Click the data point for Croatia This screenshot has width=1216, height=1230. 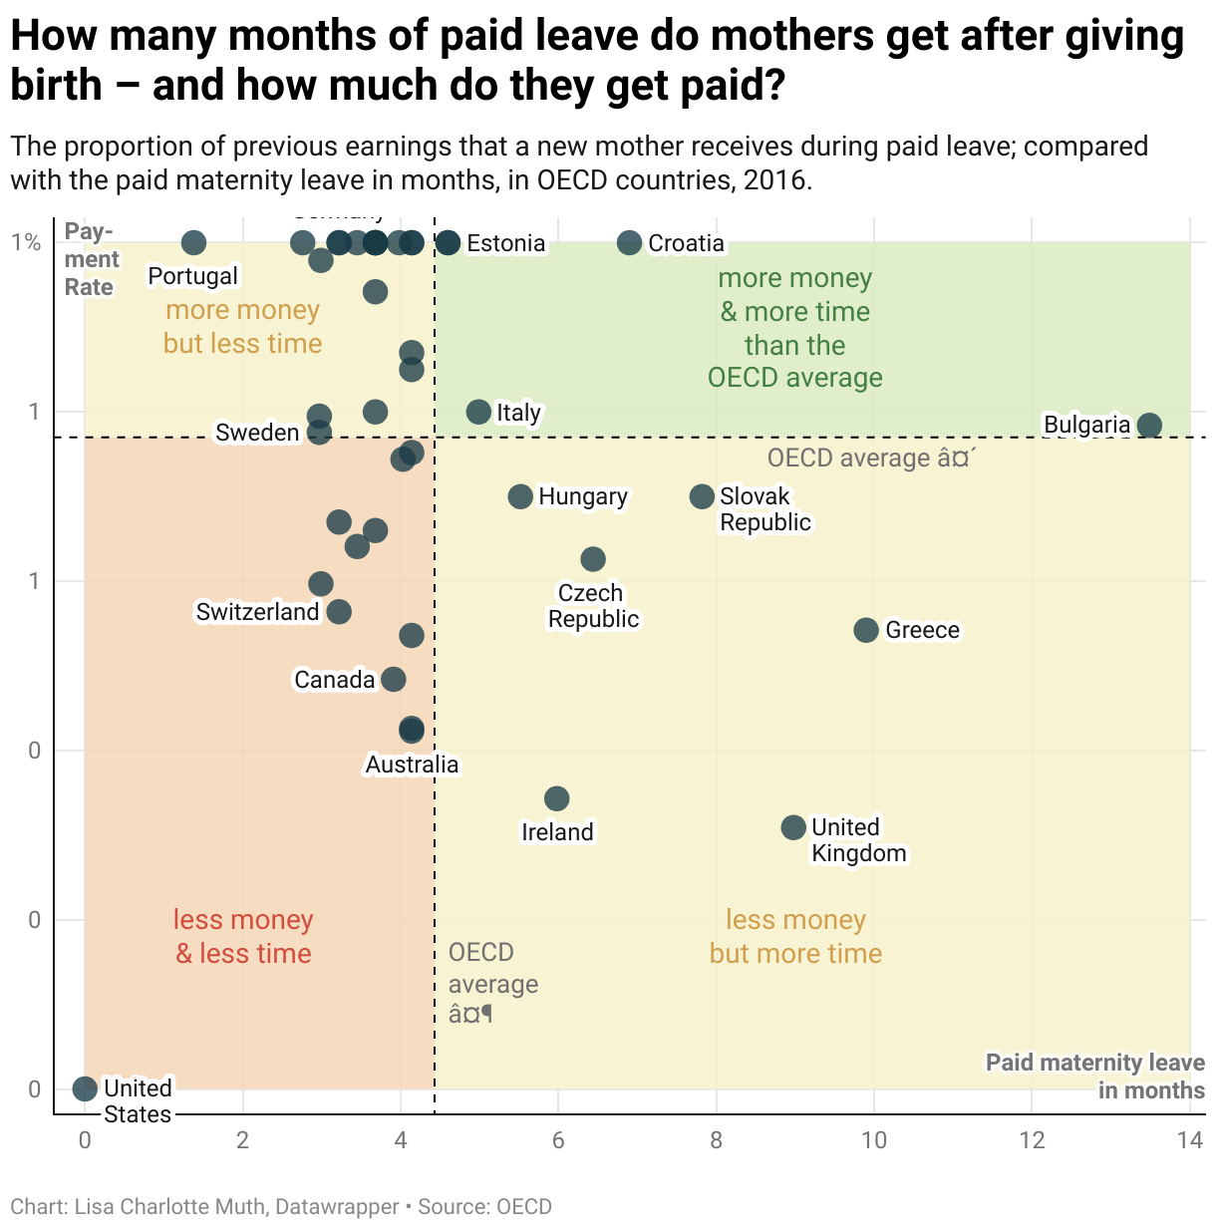coord(629,243)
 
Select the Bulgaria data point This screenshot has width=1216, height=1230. coord(1149,426)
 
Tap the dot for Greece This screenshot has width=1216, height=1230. coord(866,630)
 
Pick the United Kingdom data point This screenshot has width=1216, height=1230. coord(793,827)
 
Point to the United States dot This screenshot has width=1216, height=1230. coord(85,1088)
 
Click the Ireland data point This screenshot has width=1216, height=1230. coord(557,798)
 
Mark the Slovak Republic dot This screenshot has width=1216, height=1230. coord(702,496)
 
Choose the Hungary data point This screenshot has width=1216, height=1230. coord(520,496)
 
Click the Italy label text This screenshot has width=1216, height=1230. coord(518,413)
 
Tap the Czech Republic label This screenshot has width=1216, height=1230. coord(593,606)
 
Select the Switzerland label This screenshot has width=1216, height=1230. coord(257,612)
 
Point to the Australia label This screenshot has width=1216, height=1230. coord(412,765)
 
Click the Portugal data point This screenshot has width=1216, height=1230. coord(193,242)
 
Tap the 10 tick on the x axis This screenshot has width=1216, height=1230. coord(874,1140)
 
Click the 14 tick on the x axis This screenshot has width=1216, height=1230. coord(1190,1140)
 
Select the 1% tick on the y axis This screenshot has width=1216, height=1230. coord(26,243)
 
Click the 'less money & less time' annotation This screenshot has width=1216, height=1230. coord(243,937)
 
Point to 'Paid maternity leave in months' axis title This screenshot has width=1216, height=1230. coord(1095,1076)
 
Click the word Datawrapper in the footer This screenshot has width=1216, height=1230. coord(337,1207)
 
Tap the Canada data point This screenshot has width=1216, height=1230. coord(394,680)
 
